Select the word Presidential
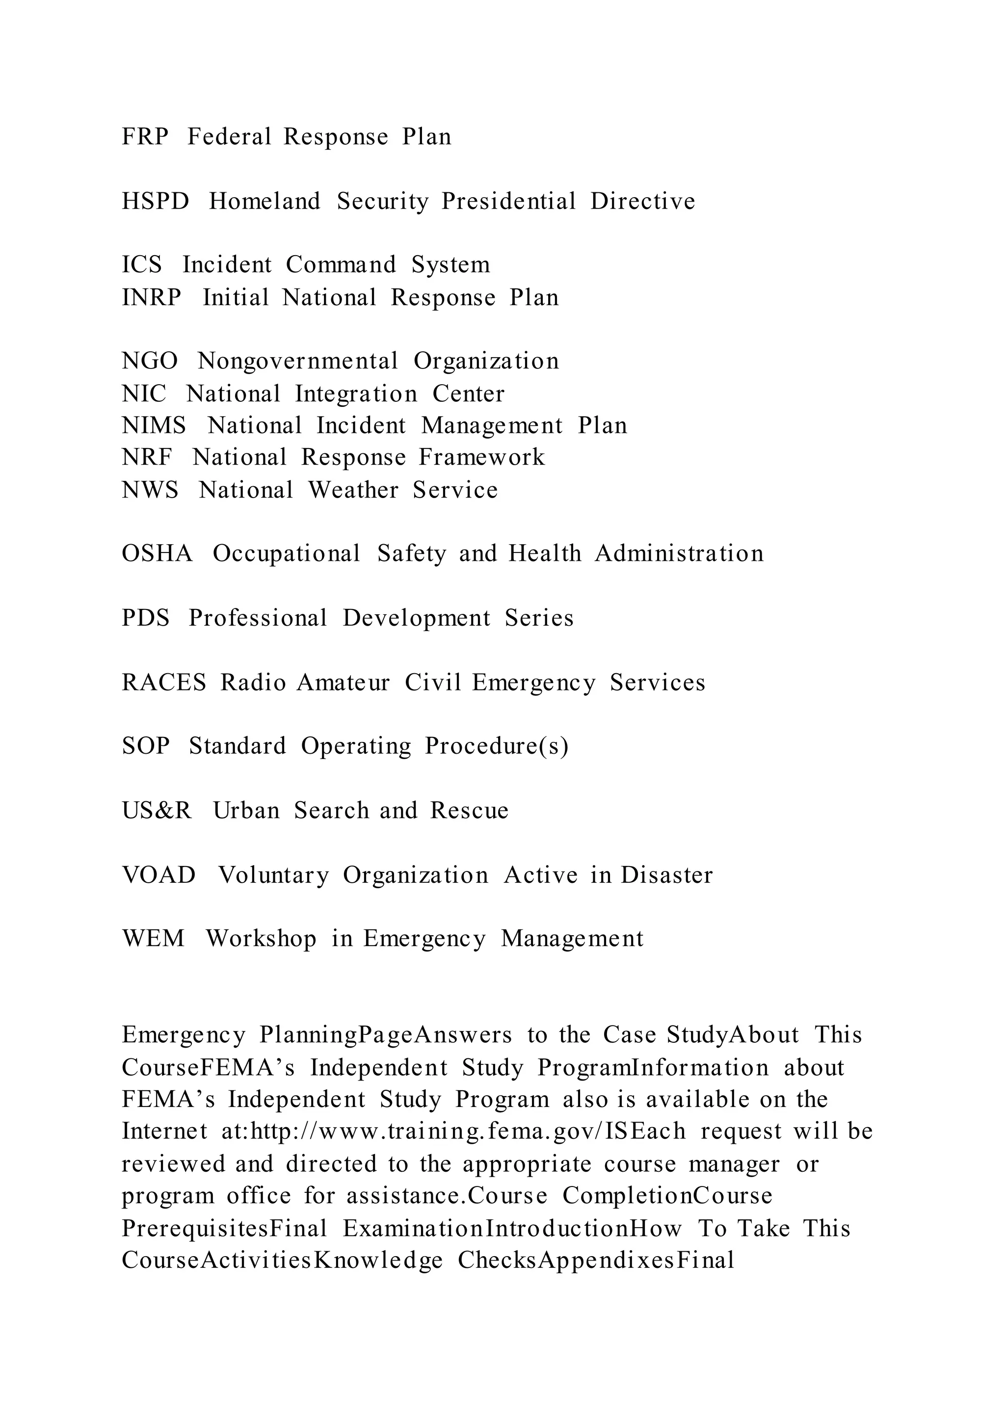508,201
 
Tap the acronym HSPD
156,201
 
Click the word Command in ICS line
341,265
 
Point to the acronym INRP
152,298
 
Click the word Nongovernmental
298,361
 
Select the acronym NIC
144,394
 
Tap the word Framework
481,457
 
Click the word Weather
353,490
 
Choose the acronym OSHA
157,553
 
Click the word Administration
679,553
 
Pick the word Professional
258,618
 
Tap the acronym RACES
164,683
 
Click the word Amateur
343,683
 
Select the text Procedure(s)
496,746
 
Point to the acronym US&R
157,811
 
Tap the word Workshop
261,939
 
